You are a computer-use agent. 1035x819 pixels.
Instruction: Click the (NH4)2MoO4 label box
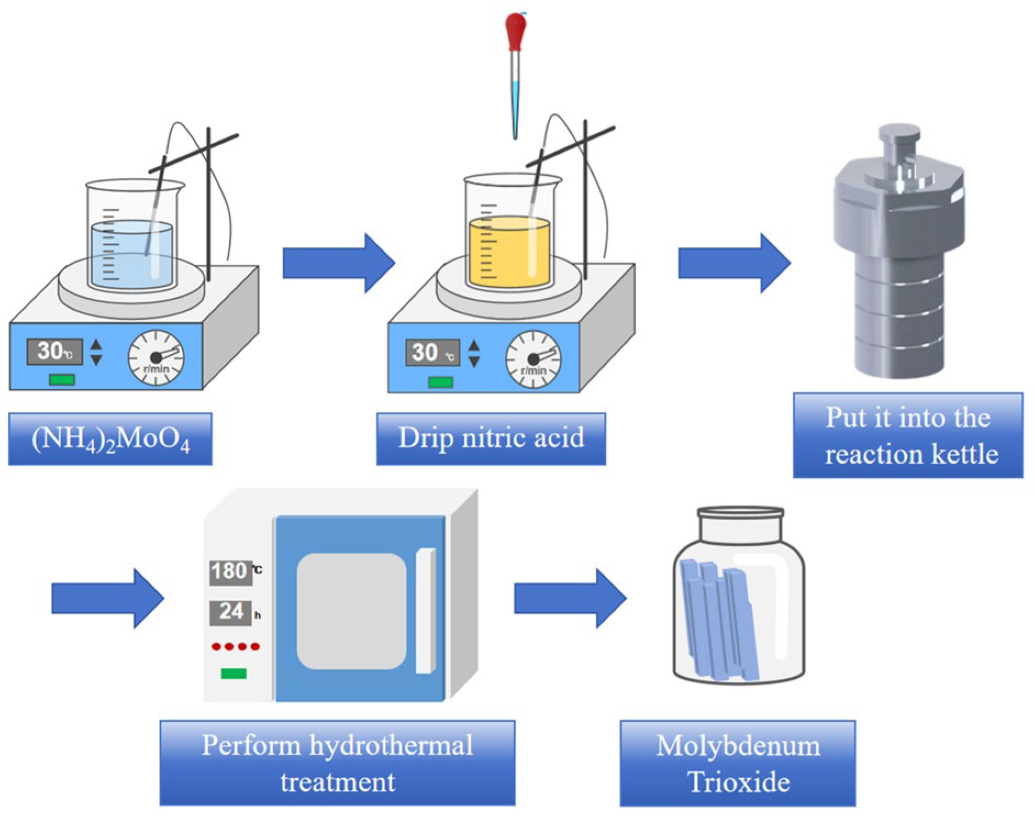110,439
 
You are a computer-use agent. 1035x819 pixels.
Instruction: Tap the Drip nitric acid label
491,438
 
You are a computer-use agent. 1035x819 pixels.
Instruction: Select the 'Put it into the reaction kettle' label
908,435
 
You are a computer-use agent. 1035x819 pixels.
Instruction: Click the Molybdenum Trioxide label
737,763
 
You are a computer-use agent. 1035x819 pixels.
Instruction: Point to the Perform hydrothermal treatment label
337,762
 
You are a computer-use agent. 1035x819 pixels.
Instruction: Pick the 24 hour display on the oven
231,612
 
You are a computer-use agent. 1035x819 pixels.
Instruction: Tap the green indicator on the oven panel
233,673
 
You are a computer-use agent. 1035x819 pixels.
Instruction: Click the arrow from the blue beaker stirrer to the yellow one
338,263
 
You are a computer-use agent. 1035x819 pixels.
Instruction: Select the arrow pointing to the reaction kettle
733,263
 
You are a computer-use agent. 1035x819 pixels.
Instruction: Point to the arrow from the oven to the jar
569,598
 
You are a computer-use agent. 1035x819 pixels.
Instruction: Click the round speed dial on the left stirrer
156,358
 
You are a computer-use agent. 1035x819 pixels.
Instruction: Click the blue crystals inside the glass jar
719,621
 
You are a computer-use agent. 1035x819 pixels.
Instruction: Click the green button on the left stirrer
62,380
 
